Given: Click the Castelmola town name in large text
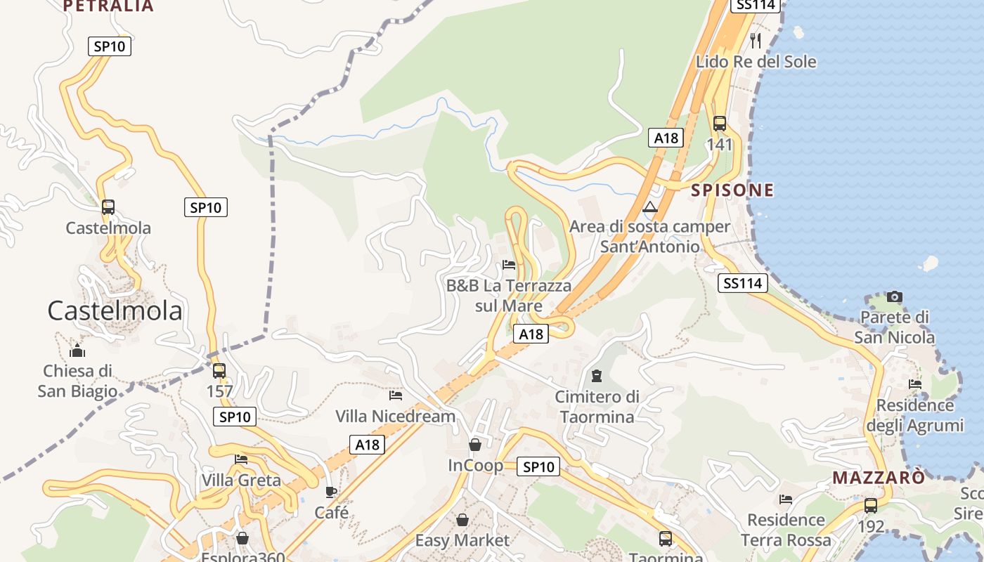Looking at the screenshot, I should pyautogui.click(x=115, y=311).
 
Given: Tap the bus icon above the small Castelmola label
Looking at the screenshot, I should pyautogui.click(x=108, y=207).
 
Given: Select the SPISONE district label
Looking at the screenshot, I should pyautogui.click(x=732, y=190).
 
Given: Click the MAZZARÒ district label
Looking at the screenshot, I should pyautogui.click(x=879, y=478).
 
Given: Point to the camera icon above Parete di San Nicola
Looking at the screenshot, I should pyautogui.click(x=894, y=296).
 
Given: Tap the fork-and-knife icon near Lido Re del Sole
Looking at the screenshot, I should pyautogui.click(x=756, y=40).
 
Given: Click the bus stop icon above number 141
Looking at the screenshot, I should pyautogui.click(x=720, y=124).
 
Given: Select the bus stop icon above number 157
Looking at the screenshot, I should pyautogui.click(x=219, y=370).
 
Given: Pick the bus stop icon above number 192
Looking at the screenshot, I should pyautogui.click(x=871, y=505).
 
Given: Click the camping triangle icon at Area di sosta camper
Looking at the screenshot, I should pyautogui.click(x=649, y=207).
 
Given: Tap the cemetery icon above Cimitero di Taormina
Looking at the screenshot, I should pyautogui.click(x=597, y=376).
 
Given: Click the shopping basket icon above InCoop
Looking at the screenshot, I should pyautogui.click(x=475, y=445).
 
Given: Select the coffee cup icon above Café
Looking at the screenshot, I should pyautogui.click(x=331, y=492).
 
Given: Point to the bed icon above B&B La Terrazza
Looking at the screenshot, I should pyautogui.click(x=509, y=265).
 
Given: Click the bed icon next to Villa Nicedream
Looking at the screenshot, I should pyautogui.click(x=396, y=396).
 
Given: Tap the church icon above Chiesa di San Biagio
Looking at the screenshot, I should pyautogui.click(x=77, y=350).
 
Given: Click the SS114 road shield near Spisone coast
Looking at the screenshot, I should pyautogui.click(x=742, y=283).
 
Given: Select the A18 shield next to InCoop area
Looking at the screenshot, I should pyautogui.click(x=367, y=444).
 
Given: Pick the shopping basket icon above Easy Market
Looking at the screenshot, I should pyautogui.click(x=462, y=520).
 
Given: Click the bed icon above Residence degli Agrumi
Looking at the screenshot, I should pyautogui.click(x=915, y=384).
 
